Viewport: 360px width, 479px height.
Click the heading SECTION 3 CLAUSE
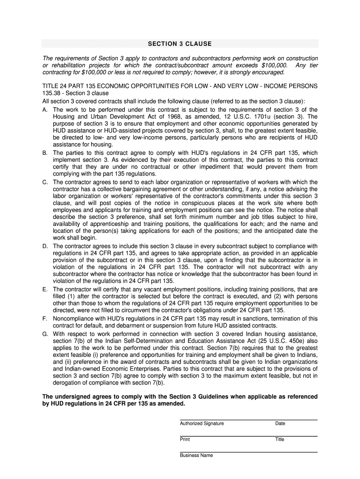click(x=180, y=44)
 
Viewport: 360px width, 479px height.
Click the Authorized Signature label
click(x=202, y=423)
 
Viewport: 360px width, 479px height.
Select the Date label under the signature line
click(x=280, y=423)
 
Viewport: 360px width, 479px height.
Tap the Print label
click(x=185, y=439)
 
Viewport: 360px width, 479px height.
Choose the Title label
click(x=280, y=439)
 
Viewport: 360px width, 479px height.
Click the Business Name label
click(x=196, y=455)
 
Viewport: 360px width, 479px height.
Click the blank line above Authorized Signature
click(x=248, y=419)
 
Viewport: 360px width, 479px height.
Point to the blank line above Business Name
click(x=248, y=451)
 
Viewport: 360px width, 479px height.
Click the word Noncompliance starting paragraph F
click(x=73, y=319)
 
